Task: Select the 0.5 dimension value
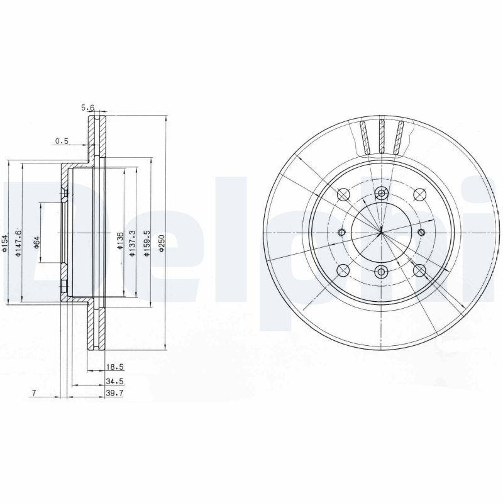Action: (62, 141)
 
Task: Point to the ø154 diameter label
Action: (4, 243)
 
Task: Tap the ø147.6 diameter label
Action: (19, 241)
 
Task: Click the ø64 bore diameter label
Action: (36, 241)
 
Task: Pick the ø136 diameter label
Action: (119, 241)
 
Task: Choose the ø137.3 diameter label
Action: (132, 243)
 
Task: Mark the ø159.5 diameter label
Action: (147, 241)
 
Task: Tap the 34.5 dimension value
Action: (114, 382)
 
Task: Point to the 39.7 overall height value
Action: (114, 394)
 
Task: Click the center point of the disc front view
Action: (382, 233)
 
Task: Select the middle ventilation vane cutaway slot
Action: (382, 136)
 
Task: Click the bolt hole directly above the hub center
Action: (382, 194)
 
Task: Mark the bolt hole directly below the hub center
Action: (382, 272)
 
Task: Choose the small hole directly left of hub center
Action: (342, 233)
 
